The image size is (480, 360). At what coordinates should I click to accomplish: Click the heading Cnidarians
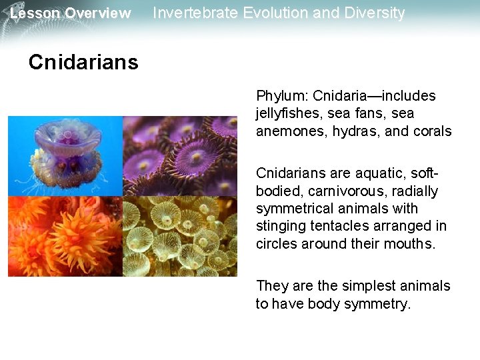click(83, 63)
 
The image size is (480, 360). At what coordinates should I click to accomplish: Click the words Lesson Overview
click(71, 13)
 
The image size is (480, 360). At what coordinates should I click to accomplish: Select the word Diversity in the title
click(375, 13)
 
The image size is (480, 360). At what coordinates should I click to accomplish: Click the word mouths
click(411, 244)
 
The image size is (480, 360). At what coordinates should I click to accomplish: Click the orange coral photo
click(65, 236)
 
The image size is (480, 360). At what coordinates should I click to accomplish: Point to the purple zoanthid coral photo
click(180, 155)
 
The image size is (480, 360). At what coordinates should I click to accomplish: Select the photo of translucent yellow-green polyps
click(180, 236)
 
